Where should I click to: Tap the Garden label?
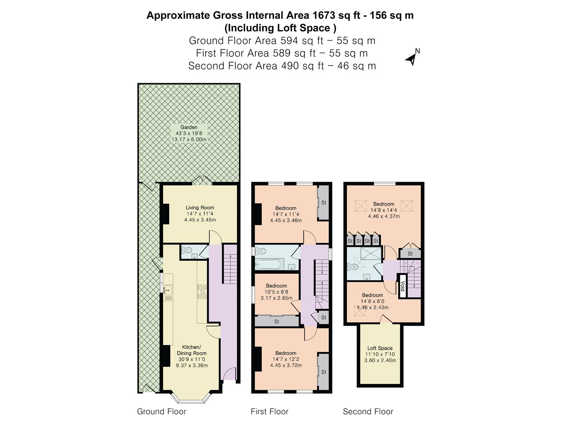[x=189, y=127]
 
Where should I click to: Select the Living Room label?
[x=200, y=208]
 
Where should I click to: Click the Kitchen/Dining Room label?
[x=191, y=350]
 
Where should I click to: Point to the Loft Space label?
[x=380, y=348]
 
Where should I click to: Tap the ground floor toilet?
[x=187, y=249]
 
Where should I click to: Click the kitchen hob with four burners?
[x=202, y=291]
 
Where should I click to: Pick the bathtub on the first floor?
[x=268, y=264]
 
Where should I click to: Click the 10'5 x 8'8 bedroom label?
[x=276, y=292]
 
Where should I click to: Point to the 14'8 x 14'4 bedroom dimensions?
[x=384, y=210]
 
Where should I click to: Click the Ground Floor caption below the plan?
[x=161, y=411]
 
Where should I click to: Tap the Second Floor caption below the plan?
[x=368, y=411]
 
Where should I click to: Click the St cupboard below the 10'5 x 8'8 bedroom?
[x=277, y=322]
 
